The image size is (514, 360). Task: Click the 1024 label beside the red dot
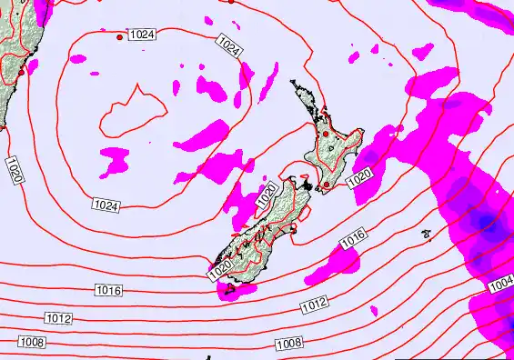click(x=141, y=35)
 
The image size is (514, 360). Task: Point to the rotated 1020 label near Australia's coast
click(x=14, y=171)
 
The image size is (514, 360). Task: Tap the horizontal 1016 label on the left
click(x=108, y=290)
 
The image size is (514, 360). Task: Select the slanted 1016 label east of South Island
click(x=353, y=239)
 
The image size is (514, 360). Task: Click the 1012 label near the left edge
click(x=58, y=318)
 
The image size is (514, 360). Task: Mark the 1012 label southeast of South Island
click(x=314, y=306)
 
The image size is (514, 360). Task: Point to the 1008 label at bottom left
click(x=32, y=343)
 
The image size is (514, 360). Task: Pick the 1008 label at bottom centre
click(x=289, y=343)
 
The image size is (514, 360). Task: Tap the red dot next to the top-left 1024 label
click(x=120, y=37)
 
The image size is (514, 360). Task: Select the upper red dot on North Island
click(x=325, y=135)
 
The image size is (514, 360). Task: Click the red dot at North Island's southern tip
click(x=326, y=185)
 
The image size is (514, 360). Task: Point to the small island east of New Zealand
click(x=426, y=234)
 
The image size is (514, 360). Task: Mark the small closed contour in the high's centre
click(x=134, y=109)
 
